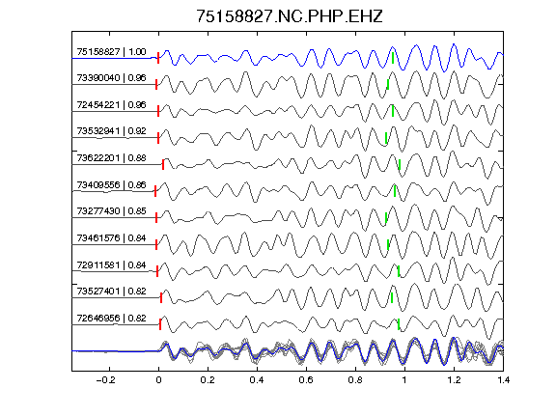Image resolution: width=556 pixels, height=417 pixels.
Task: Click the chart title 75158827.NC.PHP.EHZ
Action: [x=290, y=16]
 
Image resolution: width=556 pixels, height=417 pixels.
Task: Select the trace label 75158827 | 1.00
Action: [x=111, y=52]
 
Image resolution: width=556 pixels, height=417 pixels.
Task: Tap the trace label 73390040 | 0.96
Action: [x=111, y=77]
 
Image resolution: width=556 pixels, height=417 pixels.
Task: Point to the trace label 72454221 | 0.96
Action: [x=111, y=104]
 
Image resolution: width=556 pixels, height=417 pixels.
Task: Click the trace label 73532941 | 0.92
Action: [x=111, y=131]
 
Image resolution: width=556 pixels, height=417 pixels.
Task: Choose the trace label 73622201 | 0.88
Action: [x=111, y=157]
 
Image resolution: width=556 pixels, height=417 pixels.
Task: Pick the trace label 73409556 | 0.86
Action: [x=111, y=184]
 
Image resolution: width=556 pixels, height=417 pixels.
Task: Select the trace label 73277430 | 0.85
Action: [x=111, y=211]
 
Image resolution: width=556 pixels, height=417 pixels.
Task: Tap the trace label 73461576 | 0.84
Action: [x=111, y=237]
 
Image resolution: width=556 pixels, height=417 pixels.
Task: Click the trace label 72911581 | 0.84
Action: [x=111, y=264]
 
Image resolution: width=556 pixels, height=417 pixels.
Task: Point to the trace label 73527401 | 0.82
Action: [x=111, y=292]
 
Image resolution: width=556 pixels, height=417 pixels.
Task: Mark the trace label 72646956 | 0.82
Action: [x=111, y=319]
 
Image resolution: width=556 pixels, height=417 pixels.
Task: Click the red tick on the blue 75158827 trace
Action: [x=158, y=58]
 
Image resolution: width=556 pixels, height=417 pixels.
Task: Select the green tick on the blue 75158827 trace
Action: [x=393, y=58]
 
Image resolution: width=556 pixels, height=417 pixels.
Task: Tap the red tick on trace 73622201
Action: [x=163, y=164]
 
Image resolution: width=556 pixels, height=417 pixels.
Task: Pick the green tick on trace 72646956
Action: [x=399, y=324]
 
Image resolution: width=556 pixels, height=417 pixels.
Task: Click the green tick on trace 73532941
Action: [x=386, y=138]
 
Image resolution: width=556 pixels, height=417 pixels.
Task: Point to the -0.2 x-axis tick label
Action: [x=105, y=380]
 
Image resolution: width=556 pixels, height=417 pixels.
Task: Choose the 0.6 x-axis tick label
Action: [x=306, y=380]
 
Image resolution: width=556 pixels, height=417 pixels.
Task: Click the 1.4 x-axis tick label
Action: [x=503, y=380]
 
